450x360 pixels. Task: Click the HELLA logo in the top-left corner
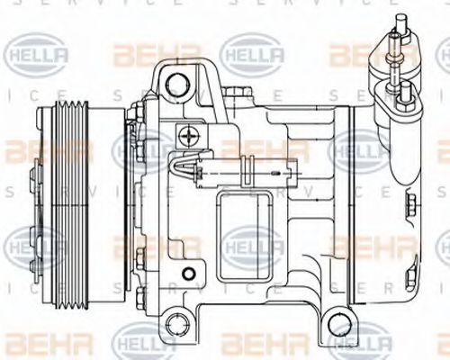36,56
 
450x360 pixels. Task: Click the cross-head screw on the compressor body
188,137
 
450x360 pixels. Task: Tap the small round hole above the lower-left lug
186,273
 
